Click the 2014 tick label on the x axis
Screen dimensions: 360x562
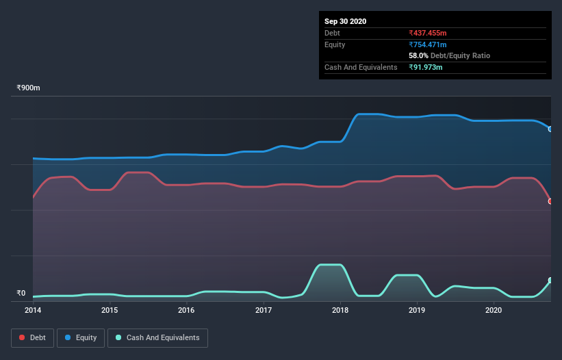click(x=33, y=310)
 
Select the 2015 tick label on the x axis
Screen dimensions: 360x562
click(x=110, y=310)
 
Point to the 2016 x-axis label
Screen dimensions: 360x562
click(x=186, y=310)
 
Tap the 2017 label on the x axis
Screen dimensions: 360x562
click(x=264, y=310)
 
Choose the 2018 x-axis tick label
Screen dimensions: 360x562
click(x=340, y=310)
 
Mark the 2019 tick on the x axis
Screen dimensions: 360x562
click(x=417, y=310)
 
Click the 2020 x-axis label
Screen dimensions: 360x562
click(x=494, y=310)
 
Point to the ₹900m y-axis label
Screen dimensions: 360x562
click(x=29, y=88)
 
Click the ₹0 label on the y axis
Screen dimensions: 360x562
click(x=21, y=294)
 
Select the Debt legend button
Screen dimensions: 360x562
click(x=32, y=337)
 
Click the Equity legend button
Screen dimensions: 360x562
click(x=81, y=337)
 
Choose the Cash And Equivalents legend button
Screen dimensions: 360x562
click(x=157, y=337)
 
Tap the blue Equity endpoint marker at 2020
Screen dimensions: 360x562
click(x=550, y=129)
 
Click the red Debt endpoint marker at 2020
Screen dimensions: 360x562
click(x=550, y=201)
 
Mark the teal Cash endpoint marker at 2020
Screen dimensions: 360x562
click(x=550, y=281)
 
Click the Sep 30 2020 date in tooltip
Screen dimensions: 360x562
click(x=346, y=21)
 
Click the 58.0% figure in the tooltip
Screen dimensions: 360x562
click(x=418, y=55)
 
